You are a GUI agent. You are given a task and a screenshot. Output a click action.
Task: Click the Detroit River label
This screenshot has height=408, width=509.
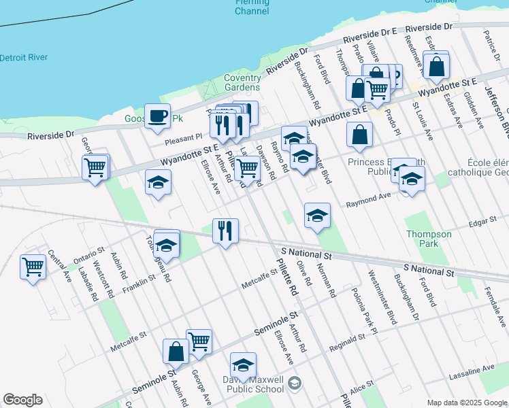(x=24, y=58)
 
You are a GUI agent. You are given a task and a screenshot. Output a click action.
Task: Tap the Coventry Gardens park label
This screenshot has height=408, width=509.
(x=243, y=82)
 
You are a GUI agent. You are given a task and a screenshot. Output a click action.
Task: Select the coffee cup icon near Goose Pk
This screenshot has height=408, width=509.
(x=158, y=115)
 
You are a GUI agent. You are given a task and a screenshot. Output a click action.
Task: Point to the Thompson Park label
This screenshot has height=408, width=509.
(x=429, y=239)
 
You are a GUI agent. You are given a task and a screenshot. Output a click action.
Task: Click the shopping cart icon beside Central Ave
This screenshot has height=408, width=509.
(x=33, y=267)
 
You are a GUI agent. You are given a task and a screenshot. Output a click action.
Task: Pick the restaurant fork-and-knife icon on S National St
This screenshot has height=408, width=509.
(x=225, y=230)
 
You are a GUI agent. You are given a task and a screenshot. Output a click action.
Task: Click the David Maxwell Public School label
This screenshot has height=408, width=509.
(x=252, y=384)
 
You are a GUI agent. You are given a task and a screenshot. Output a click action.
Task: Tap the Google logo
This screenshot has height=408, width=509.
(x=22, y=400)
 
